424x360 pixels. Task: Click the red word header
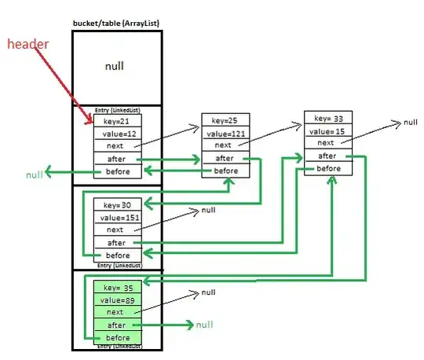(29, 44)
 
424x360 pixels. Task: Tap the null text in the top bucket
(115, 67)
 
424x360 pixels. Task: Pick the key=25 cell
(225, 120)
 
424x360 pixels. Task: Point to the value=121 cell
(225, 132)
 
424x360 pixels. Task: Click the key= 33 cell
(328, 118)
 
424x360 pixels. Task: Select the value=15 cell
(328, 130)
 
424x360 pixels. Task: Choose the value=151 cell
(117, 217)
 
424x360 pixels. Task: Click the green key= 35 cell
(117, 287)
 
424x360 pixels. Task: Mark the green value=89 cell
(117, 299)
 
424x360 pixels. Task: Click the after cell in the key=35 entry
(117, 325)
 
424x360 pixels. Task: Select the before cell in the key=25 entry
(225, 171)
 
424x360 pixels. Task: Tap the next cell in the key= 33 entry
(328, 142)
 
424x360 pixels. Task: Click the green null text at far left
(34, 174)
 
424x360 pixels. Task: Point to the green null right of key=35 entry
(204, 324)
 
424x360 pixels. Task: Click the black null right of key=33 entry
(410, 123)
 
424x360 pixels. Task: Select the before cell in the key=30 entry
(117, 255)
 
